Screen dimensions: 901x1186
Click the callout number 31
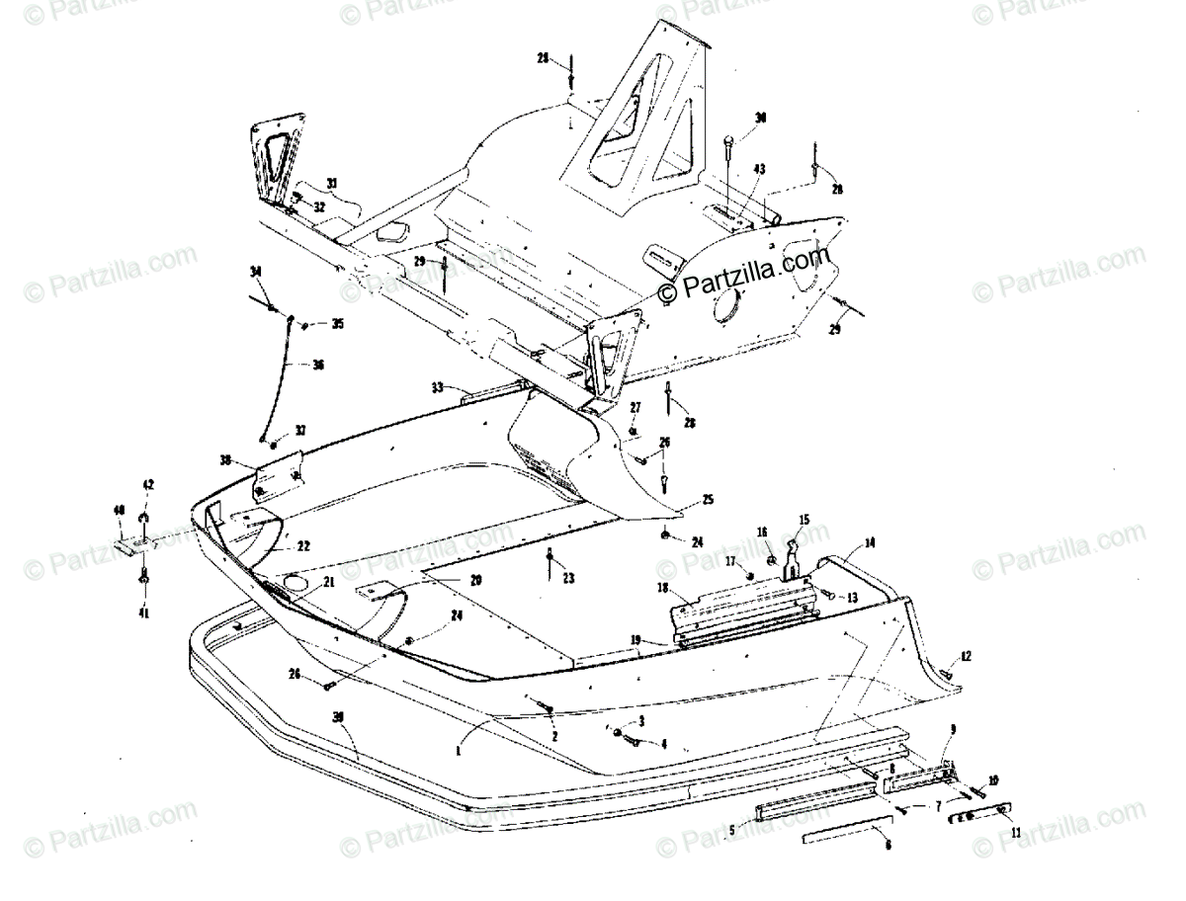tap(304, 183)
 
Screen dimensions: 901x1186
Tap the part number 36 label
tap(318, 365)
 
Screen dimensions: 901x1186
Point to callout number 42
tap(149, 485)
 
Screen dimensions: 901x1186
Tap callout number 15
tap(804, 519)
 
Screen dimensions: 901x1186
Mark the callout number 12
tap(966, 656)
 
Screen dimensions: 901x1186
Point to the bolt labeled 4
tap(633, 741)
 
